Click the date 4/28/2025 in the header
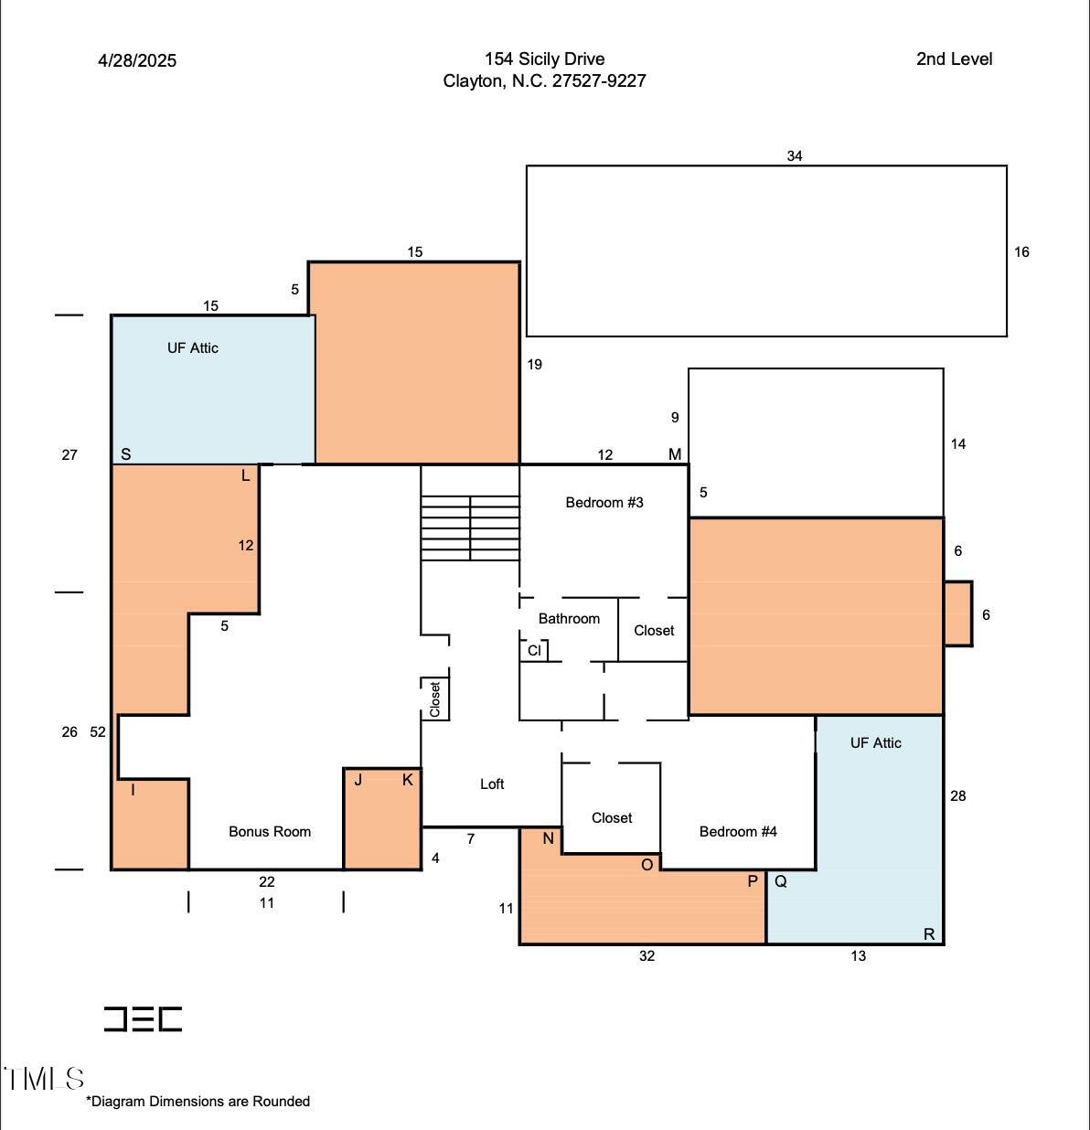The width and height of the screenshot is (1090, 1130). point(137,60)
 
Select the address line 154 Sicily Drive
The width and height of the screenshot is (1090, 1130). point(544,59)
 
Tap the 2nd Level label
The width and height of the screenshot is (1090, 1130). point(954,59)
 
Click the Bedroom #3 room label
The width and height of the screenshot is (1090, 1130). point(604,502)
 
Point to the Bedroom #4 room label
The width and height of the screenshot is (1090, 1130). point(738,831)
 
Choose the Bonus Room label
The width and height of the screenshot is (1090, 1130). point(270,831)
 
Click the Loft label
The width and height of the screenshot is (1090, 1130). point(492,784)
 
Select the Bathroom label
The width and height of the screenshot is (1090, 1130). point(569,619)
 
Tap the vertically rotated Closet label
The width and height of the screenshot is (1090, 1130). point(435,699)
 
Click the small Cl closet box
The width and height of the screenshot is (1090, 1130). point(534,650)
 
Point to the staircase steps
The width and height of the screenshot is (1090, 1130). point(470,528)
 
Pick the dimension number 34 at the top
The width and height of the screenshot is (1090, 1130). point(795,156)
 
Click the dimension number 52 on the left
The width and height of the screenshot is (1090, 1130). point(98,731)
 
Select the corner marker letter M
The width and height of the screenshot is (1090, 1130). point(675,454)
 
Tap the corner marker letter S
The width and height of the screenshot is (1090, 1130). point(126,454)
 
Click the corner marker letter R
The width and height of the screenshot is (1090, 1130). point(929,933)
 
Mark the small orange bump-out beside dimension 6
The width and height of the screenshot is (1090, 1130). point(957,613)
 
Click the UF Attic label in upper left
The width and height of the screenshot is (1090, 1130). point(193,347)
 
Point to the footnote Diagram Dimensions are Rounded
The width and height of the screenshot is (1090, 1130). point(198,1101)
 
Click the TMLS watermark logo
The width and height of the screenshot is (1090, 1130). point(44,1079)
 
